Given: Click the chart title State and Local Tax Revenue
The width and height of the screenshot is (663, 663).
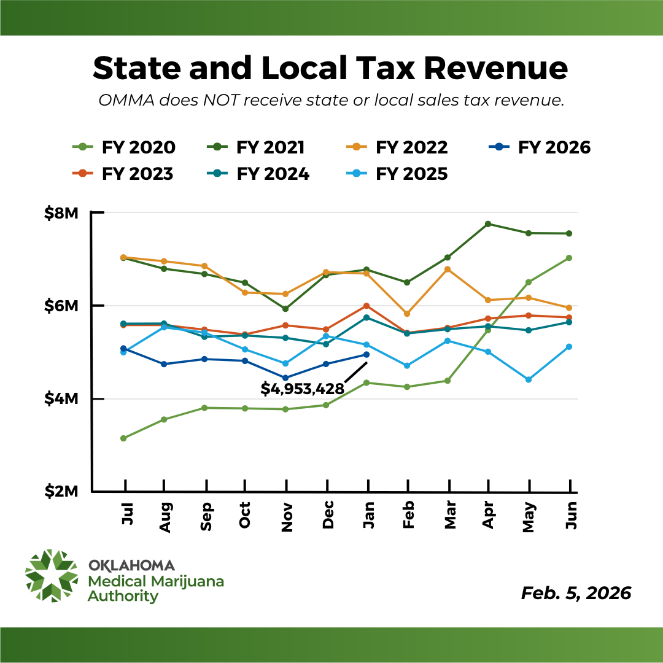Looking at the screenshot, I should (x=330, y=68).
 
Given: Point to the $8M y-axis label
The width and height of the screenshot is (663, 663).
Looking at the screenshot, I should (x=61, y=213).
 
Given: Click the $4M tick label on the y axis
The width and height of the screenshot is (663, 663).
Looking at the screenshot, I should (x=61, y=399).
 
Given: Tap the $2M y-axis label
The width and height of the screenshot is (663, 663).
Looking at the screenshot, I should (x=61, y=492).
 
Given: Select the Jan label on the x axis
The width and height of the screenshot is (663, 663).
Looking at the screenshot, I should (x=368, y=513).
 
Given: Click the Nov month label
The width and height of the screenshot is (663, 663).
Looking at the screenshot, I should (x=287, y=513).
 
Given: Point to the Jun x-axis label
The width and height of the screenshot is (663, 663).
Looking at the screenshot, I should (x=570, y=513).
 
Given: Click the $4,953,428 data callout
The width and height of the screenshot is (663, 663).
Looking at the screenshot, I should (x=302, y=389).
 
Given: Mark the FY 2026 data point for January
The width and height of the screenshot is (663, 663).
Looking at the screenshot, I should (x=367, y=354).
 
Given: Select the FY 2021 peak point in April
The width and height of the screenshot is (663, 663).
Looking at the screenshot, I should (x=488, y=223).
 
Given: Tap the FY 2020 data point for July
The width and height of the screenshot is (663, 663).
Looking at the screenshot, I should (x=123, y=438).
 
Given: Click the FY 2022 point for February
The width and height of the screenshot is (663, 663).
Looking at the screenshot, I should (x=407, y=314).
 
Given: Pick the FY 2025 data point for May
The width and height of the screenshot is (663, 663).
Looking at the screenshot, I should (x=529, y=379).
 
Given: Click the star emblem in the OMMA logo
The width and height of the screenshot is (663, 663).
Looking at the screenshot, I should (x=52, y=576).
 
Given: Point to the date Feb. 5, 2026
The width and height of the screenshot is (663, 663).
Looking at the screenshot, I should (x=576, y=593).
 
